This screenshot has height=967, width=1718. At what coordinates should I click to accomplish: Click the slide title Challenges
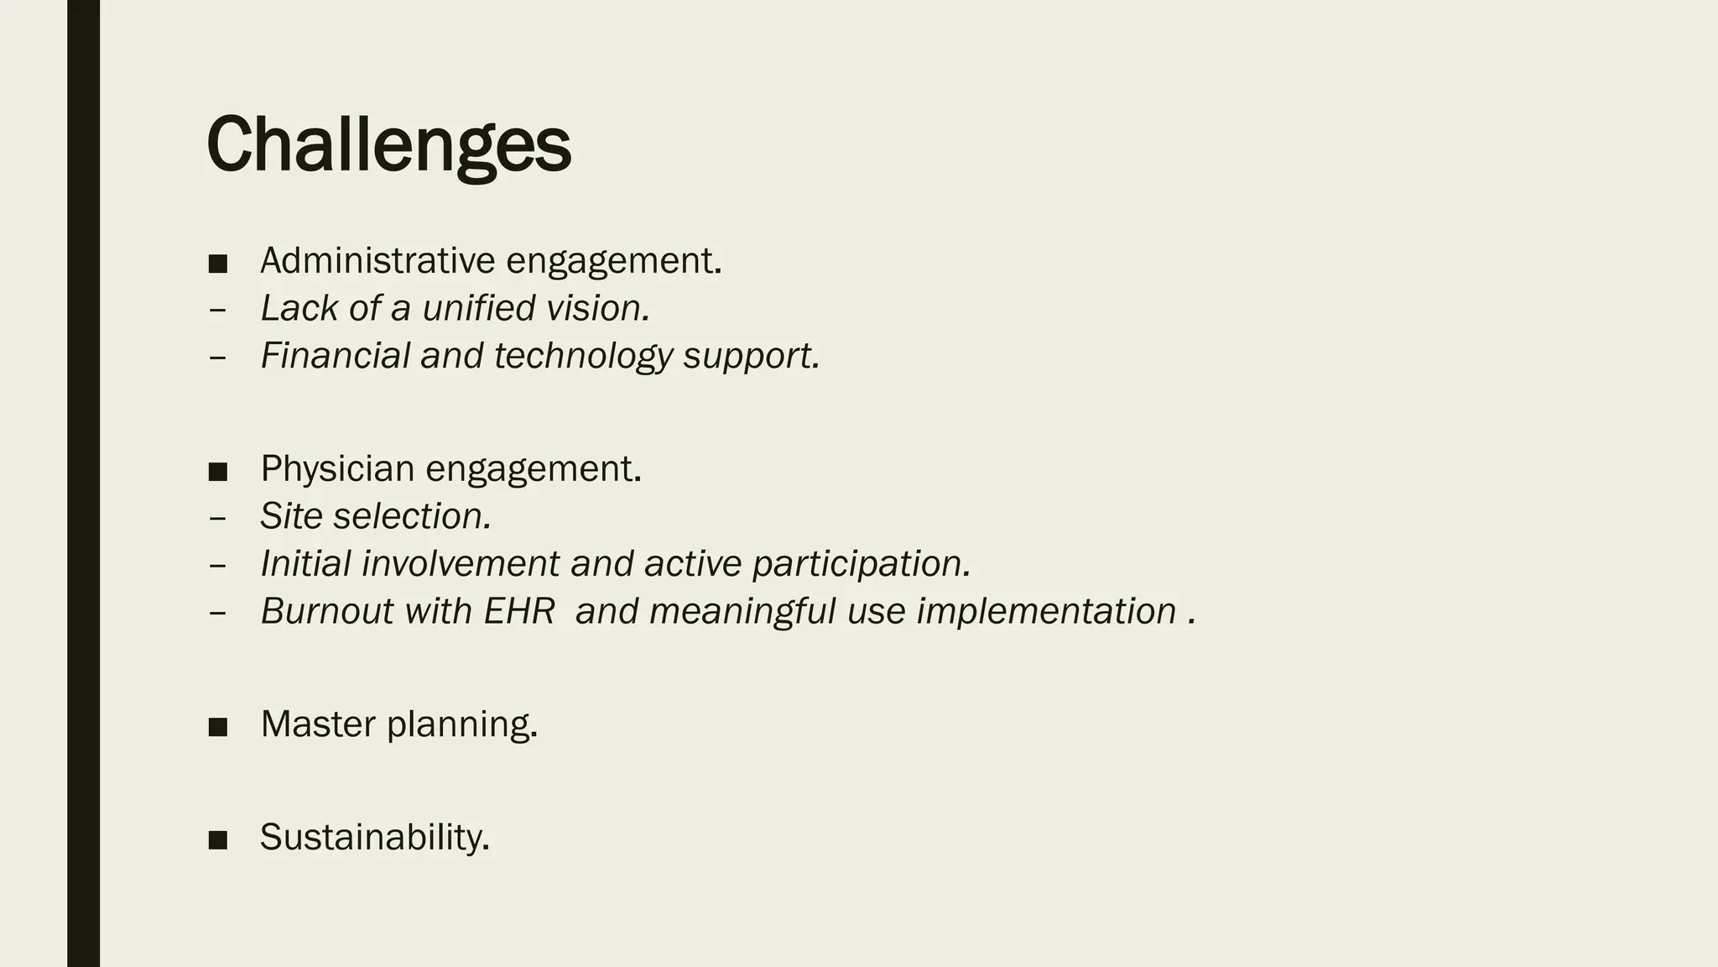point(388,144)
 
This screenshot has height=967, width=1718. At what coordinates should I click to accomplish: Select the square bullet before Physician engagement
point(218,472)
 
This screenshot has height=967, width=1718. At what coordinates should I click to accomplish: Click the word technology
point(583,356)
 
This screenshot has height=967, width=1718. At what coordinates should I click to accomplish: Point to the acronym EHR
point(519,611)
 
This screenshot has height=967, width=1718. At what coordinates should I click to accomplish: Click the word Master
point(318,724)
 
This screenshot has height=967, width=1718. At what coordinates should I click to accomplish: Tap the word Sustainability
point(373,838)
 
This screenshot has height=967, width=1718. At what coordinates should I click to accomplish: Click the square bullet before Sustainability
point(218,840)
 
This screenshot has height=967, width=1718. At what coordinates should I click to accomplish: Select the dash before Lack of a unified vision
point(217,310)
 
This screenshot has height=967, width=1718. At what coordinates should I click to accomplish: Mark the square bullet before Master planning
point(218,727)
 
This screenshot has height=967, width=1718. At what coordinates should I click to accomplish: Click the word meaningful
point(742,611)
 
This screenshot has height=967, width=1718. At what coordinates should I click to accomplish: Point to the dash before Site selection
point(217,517)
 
